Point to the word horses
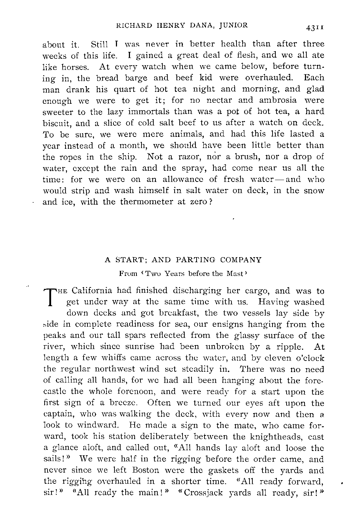[x=73, y=67]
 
